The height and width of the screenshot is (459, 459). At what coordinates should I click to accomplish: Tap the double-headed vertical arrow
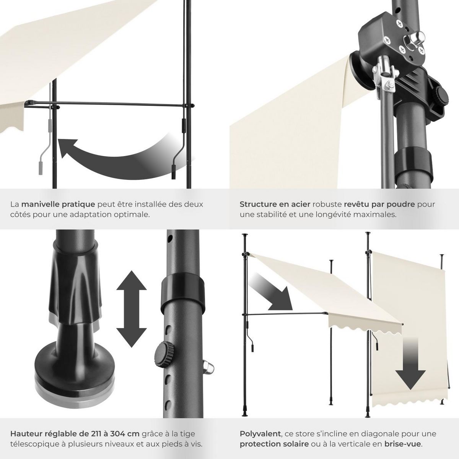coord(131,309)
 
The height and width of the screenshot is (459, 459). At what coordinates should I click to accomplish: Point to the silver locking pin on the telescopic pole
coord(208,368)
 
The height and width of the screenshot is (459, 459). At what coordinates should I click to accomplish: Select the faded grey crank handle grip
coord(41,168)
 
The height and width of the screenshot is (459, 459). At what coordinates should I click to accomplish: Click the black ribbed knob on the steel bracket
coord(441,98)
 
